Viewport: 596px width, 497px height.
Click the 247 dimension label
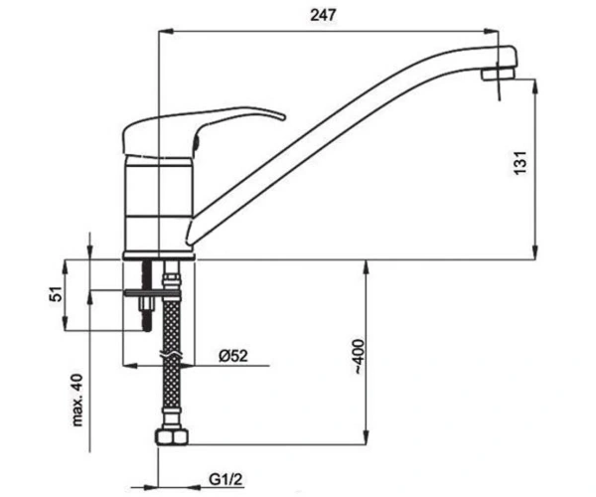[x=324, y=15]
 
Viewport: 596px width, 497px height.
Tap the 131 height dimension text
[x=521, y=163]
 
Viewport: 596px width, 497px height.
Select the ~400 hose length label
[x=360, y=356]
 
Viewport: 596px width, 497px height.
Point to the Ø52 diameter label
[x=233, y=356]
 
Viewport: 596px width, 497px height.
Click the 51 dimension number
[x=56, y=293]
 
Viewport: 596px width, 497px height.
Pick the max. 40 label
[x=77, y=400]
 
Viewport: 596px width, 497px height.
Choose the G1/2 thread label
[x=225, y=479]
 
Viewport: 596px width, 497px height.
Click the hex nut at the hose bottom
[x=172, y=437]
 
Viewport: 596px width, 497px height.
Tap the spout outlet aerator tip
[x=499, y=74]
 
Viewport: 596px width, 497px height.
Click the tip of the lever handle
[x=283, y=116]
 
